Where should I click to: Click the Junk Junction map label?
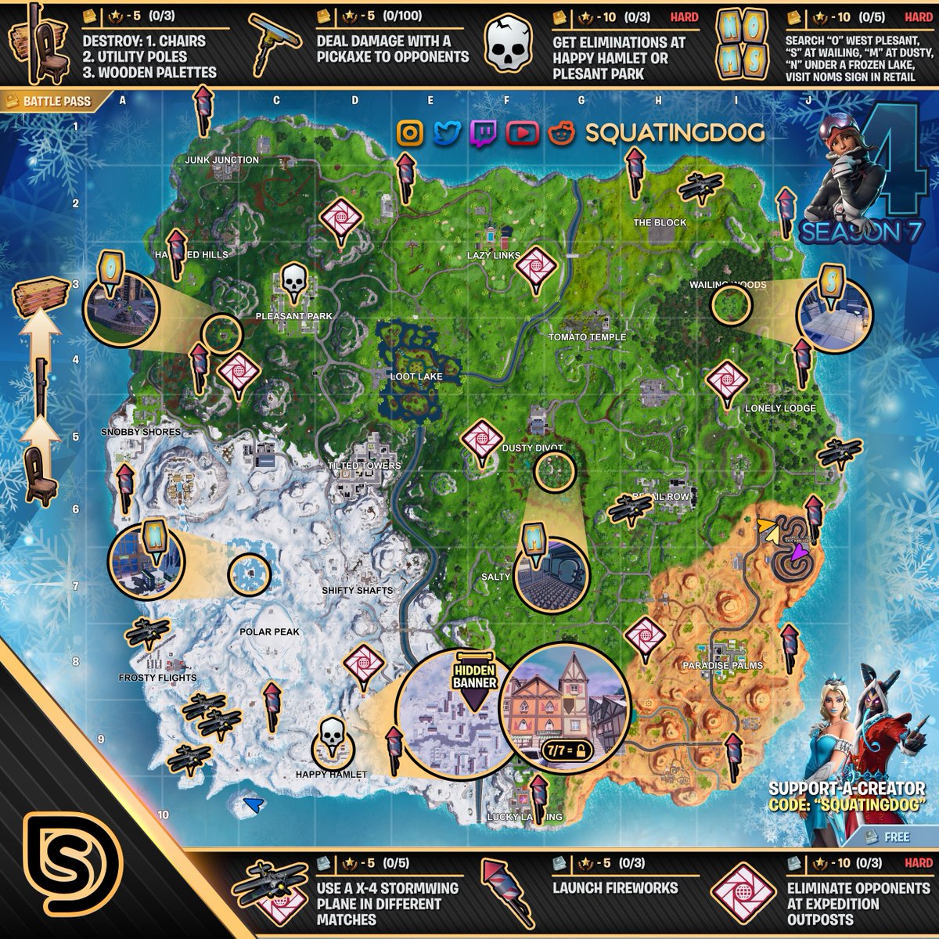tap(221, 160)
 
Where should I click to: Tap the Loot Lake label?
tap(416, 376)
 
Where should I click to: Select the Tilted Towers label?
tap(364, 466)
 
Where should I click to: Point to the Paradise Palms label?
tap(722, 665)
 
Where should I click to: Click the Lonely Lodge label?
tap(780, 408)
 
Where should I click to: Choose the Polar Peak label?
tap(270, 631)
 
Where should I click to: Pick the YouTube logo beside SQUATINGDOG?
tap(522, 133)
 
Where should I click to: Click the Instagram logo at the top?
tap(410, 133)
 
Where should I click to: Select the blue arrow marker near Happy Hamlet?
tap(252, 804)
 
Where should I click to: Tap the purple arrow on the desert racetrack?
tap(797, 553)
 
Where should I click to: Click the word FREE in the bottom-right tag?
tap(897, 836)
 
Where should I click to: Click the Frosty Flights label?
tap(157, 678)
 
